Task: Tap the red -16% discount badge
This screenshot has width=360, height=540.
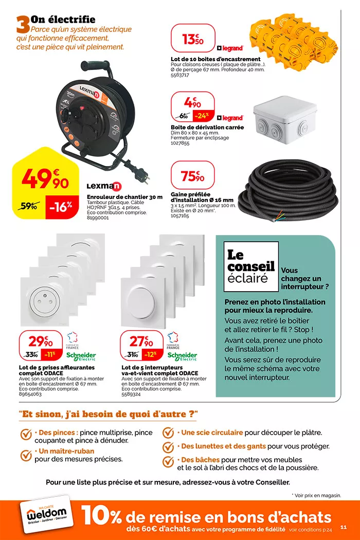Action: [x=61, y=207]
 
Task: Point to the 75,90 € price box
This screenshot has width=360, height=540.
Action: [x=192, y=176]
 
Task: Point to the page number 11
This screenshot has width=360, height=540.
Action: [x=344, y=526]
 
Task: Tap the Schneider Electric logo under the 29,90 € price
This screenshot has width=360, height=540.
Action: [x=81, y=356]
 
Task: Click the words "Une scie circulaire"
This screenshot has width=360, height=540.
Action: [x=212, y=433]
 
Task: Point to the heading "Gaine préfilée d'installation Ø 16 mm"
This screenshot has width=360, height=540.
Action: [x=202, y=197]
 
